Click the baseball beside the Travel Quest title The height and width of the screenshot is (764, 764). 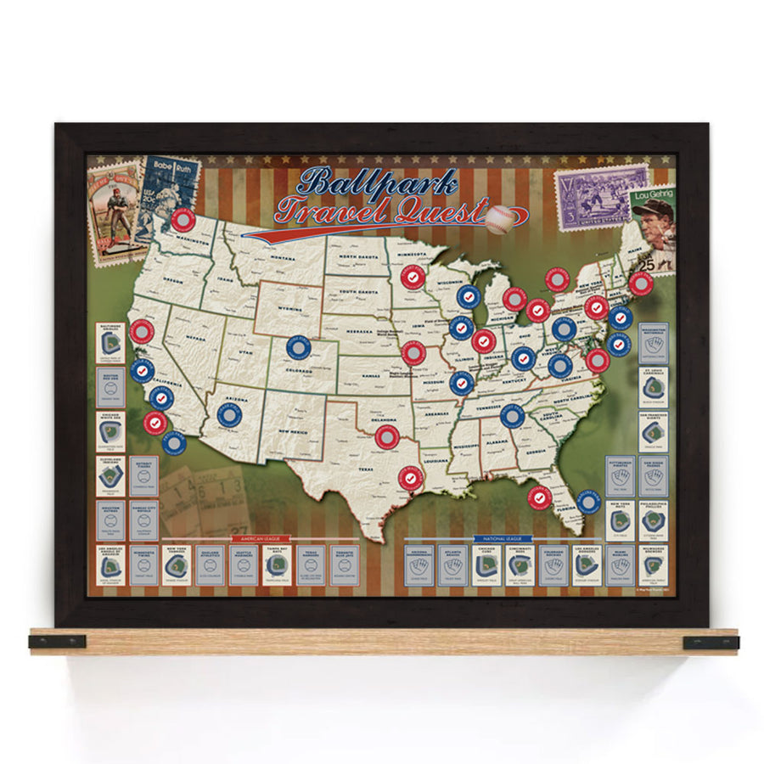(500, 219)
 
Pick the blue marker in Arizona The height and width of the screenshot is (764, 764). (229, 413)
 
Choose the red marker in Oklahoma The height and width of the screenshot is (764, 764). (386, 438)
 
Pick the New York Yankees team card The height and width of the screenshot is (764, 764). (177, 565)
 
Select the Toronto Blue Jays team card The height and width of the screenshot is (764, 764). (344, 565)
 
